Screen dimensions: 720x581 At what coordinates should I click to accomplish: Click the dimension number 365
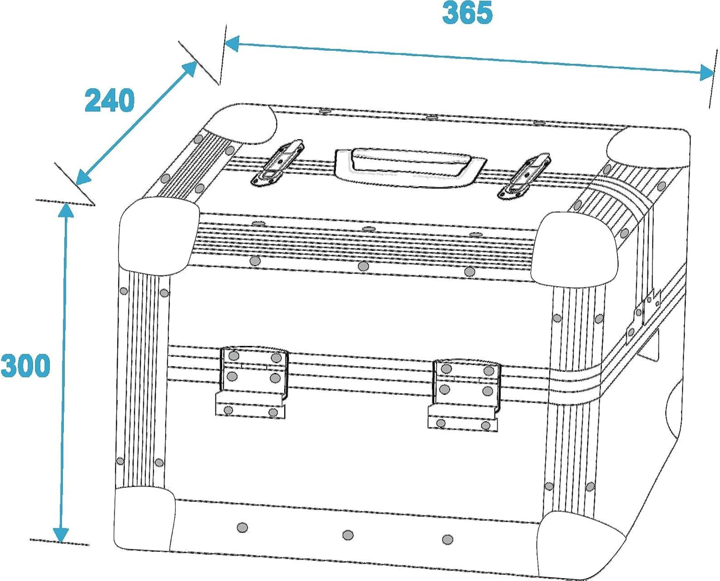[467, 13]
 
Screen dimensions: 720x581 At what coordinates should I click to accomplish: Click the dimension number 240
[109, 100]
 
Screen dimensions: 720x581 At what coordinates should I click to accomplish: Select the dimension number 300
[25, 366]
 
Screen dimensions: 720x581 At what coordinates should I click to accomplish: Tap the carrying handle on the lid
[410, 167]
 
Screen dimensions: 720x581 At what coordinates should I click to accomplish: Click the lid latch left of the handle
[277, 163]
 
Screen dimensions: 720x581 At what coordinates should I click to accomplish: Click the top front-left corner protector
[159, 237]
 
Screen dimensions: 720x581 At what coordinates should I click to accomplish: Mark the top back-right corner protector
[649, 147]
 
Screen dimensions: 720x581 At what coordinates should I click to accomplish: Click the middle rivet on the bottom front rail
[348, 535]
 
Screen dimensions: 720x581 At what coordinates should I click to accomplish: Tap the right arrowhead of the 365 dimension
[707, 72]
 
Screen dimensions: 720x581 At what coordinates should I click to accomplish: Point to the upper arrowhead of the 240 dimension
[189, 70]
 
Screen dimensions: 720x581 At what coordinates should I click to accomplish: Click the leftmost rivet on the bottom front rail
[242, 527]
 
